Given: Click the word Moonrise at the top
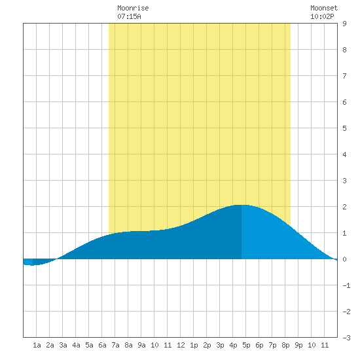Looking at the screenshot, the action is pyautogui.click(x=133, y=8).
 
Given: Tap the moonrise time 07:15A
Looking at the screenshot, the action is pyautogui.click(x=129, y=16).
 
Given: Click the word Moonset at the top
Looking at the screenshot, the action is pyautogui.click(x=324, y=8).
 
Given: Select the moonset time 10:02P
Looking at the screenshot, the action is pyautogui.click(x=322, y=16).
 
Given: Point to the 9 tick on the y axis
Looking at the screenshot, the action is pyautogui.click(x=344, y=24).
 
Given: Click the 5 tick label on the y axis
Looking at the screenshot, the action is pyautogui.click(x=344, y=128).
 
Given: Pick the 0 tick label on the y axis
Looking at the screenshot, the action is pyautogui.click(x=344, y=259).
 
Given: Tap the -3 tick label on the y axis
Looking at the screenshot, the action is pyautogui.click(x=346, y=338).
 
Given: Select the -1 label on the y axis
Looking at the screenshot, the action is pyautogui.click(x=346, y=285).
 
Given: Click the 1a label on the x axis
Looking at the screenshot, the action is pyautogui.click(x=37, y=345).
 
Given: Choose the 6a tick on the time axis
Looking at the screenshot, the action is pyautogui.click(x=102, y=345).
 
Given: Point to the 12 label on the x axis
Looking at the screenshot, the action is pyautogui.click(x=181, y=345).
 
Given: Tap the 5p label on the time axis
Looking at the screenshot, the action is pyautogui.click(x=246, y=345).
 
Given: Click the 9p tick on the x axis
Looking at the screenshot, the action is pyautogui.click(x=298, y=345).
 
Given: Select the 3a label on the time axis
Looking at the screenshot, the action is pyautogui.click(x=63, y=345).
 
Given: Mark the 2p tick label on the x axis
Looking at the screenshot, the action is pyautogui.click(x=207, y=345).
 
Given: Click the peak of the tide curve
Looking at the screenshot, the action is pyautogui.click(x=241, y=205).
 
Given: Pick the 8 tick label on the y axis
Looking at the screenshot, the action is pyautogui.click(x=344, y=50).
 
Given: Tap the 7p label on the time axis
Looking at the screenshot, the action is pyautogui.click(x=272, y=345).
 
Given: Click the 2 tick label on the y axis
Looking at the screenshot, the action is pyautogui.click(x=344, y=207).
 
